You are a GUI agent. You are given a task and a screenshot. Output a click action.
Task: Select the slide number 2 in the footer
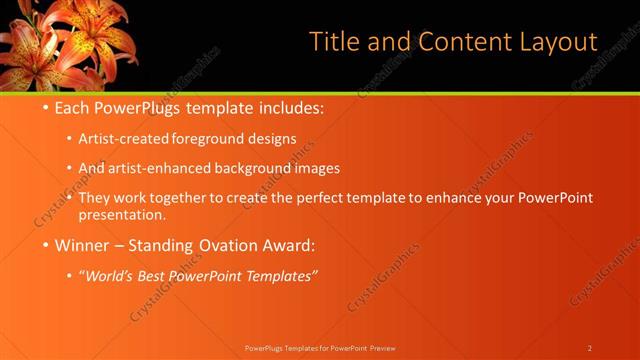(x=590, y=347)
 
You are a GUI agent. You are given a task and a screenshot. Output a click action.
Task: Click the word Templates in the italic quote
(x=278, y=273)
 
